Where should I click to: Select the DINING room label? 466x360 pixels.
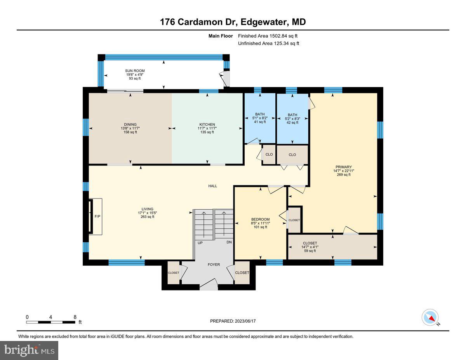130,124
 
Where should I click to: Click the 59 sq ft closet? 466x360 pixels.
310,247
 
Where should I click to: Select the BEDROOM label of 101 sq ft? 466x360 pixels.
260,219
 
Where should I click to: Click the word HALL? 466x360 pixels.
212,186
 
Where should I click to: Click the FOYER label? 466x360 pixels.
214,264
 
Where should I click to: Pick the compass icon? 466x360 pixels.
430,317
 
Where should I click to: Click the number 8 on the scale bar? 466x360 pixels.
75,317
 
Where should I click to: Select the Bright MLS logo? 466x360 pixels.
29,350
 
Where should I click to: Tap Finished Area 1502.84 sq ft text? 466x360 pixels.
268,36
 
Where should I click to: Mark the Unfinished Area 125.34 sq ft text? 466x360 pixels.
268,43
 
